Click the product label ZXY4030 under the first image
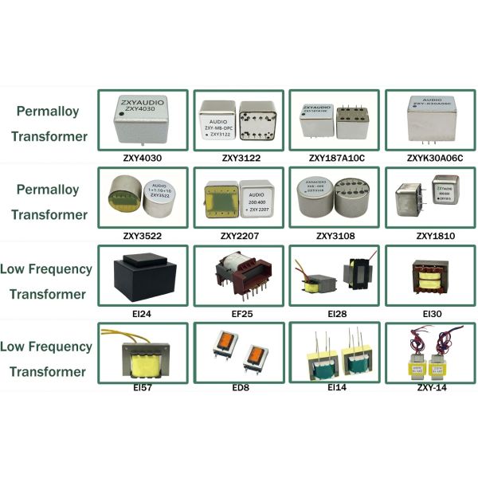[141, 158]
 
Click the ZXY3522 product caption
[141, 236]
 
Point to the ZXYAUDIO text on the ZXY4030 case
[141, 103]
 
